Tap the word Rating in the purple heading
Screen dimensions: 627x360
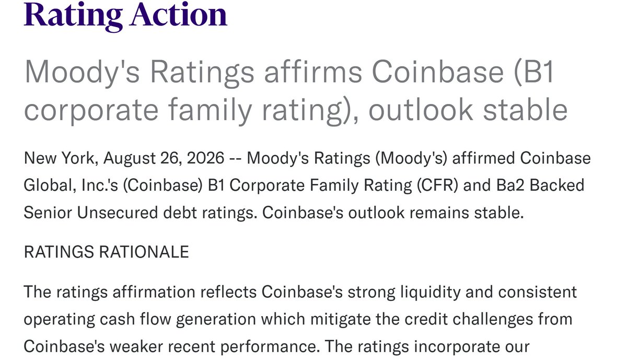[x=73, y=16]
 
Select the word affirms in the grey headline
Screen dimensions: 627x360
[x=313, y=72]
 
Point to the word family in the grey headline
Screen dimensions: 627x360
[x=210, y=109]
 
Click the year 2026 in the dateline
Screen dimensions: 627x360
[x=205, y=158]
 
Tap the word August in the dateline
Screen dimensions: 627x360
[x=130, y=159]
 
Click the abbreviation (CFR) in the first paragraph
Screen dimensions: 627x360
[x=437, y=185]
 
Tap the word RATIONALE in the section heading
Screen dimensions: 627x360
[x=144, y=252]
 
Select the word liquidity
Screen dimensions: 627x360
[x=431, y=292]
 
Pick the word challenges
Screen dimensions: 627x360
[x=493, y=319]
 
